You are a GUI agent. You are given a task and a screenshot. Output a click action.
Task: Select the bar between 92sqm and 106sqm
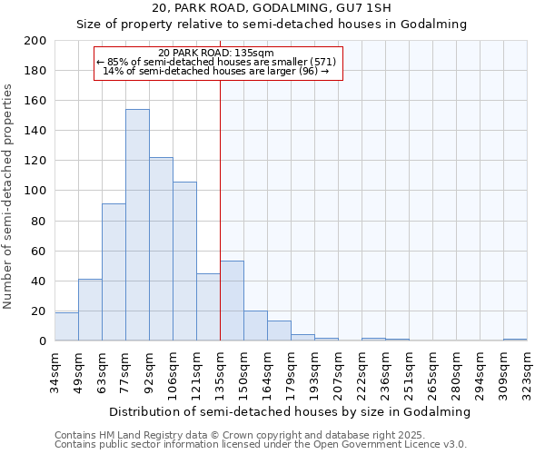(161, 249)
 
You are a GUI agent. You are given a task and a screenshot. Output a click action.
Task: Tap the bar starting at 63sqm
(114, 272)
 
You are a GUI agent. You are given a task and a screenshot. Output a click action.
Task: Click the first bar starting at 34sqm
(66, 327)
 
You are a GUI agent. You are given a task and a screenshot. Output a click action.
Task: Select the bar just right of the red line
(232, 301)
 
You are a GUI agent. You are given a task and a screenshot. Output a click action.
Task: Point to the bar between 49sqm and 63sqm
(90, 310)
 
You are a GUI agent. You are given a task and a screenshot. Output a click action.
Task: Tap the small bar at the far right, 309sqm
(515, 340)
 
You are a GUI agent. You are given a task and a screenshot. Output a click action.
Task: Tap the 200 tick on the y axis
(36, 41)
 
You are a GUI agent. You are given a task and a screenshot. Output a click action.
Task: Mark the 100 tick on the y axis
(36, 191)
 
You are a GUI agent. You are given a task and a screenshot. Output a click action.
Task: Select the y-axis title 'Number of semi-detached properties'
(9, 196)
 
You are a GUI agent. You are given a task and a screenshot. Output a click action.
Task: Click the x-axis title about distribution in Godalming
(290, 411)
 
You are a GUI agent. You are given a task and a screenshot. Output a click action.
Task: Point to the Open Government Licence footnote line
(260, 444)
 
